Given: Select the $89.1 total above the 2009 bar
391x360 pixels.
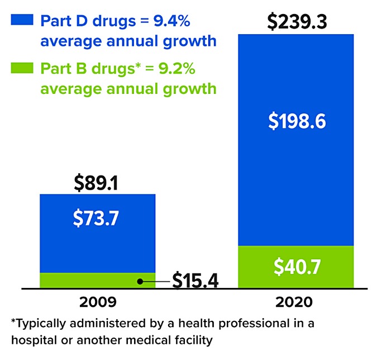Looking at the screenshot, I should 97,182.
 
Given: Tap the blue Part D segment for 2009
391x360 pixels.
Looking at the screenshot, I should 97,240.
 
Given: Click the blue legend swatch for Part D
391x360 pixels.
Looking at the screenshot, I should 23,21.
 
